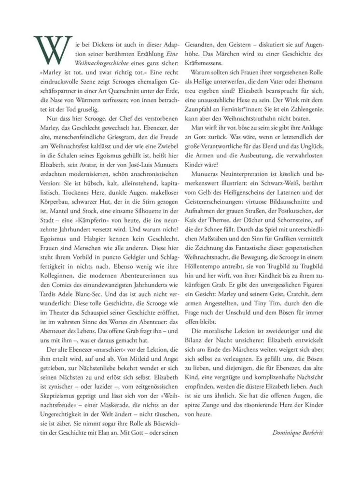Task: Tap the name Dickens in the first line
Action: (102, 41)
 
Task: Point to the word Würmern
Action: (102, 98)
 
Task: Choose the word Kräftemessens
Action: (210, 63)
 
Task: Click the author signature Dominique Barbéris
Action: (297, 431)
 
